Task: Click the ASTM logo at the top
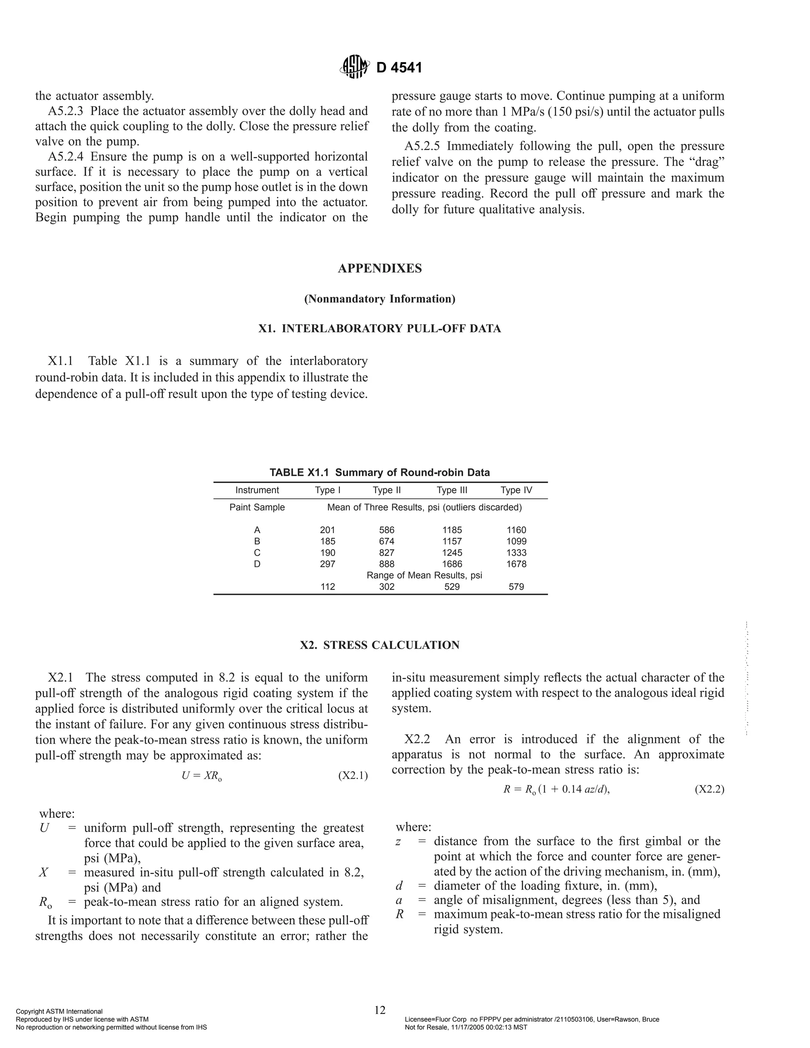coord(355,67)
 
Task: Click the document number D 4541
coord(399,68)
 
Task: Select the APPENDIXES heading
coord(380,268)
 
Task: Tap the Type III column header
coord(452,490)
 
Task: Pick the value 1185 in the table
coord(452,530)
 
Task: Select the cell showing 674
coord(386,541)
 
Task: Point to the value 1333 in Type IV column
coord(516,552)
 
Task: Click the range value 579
coord(516,586)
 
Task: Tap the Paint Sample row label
coord(257,507)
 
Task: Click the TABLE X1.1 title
coord(380,472)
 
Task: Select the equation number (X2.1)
coord(353,776)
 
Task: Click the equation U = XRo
coord(202,776)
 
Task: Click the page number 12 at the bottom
coord(380,1010)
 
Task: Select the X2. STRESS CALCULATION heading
coord(380,645)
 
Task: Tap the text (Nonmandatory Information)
coord(380,299)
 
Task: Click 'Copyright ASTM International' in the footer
coord(59,1012)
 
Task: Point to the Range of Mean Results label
coord(424,575)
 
